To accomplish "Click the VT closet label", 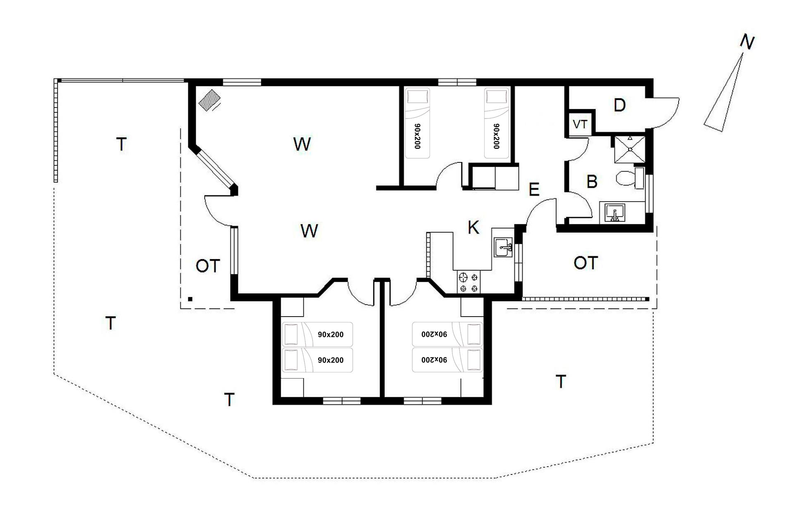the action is pos(580,124).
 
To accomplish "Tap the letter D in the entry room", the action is pos(619,105).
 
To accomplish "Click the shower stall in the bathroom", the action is pos(629,149).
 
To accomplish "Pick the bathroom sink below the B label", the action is pos(615,212).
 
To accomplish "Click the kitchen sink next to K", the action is pos(503,247).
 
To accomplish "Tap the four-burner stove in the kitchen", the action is pos(469,282).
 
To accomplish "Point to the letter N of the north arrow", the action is pos(747,42).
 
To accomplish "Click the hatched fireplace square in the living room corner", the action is pos(209,100).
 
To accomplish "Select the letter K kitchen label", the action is pos(473,227).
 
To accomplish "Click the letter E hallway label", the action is pos(534,189).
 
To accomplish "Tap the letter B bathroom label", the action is pos(592,181).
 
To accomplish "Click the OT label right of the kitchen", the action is pos(586,263).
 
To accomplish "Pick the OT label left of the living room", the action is pos(208,266).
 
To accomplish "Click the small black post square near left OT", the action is pos(190,299).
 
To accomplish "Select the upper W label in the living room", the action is pos(302,144).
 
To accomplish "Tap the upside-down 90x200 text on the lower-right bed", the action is pos(434,360).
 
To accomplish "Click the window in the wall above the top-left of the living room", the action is pos(242,82).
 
